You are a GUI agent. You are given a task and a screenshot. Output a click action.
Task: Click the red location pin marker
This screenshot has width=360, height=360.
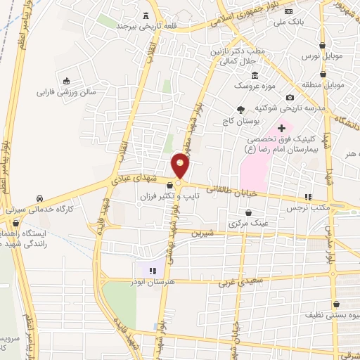pos(181,165)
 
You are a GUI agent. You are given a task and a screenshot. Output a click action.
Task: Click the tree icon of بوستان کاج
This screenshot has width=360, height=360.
pos(241,109)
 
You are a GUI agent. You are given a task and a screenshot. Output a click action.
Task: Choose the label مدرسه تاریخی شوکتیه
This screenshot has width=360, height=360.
pos(313,108)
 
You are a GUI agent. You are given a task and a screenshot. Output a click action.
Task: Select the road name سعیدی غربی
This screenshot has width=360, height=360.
pos(236,283)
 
